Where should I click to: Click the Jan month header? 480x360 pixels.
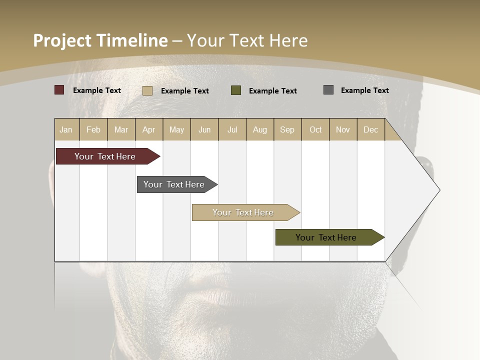pos(66,129)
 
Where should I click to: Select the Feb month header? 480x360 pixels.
pos(93,129)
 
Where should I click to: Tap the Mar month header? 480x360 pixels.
pos(121,129)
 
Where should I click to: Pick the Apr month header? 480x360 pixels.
pos(149,129)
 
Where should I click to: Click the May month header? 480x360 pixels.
pos(176,129)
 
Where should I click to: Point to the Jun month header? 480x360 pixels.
pos(204,129)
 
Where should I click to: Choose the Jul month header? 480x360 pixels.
pos(232,129)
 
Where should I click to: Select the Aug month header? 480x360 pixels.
pos(260,129)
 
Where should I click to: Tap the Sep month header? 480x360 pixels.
pos(287,129)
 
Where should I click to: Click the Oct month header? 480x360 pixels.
pos(315,129)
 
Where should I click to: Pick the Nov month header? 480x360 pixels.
pos(343,129)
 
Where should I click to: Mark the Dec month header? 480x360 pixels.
pos(371,129)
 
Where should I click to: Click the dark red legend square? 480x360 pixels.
pos(59,90)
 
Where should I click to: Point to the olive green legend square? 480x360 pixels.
pos(236,90)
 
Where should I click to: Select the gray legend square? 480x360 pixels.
pos(328,90)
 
